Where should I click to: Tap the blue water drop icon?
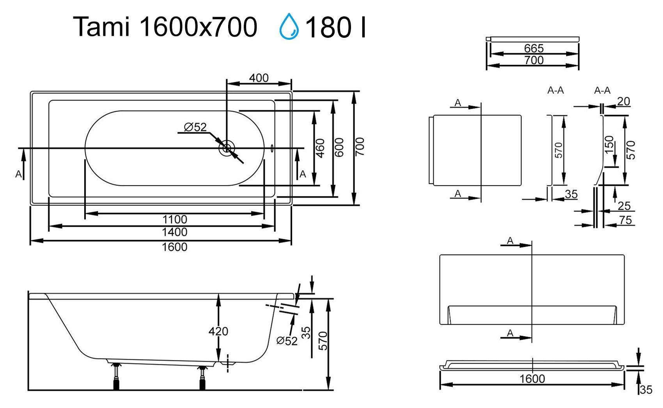click(x=289, y=26)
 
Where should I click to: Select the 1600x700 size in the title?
click(x=198, y=27)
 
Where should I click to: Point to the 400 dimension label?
click(x=259, y=78)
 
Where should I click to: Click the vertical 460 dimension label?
click(x=320, y=148)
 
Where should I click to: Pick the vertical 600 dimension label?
click(x=340, y=147)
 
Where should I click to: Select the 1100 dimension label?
click(x=175, y=219)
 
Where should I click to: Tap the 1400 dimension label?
click(x=175, y=232)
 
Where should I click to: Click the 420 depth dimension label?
click(x=218, y=331)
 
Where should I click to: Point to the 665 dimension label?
click(x=534, y=48)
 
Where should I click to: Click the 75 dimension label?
click(x=625, y=220)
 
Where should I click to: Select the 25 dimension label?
click(x=624, y=205)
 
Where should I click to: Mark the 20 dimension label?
click(x=624, y=101)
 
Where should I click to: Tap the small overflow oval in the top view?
click(x=272, y=148)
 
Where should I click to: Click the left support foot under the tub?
click(x=116, y=376)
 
